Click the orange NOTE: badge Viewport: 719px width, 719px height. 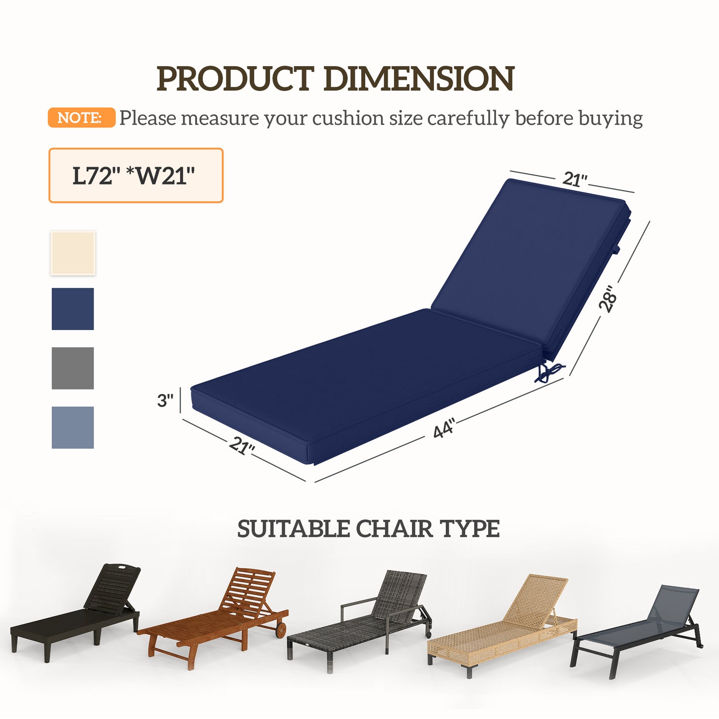tap(81, 118)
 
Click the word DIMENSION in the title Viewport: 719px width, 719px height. tap(419, 79)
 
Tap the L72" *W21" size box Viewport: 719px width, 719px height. tap(135, 175)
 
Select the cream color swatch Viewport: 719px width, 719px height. tap(73, 253)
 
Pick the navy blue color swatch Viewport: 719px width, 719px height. tap(73, 309)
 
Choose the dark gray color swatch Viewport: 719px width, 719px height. tap(73, 368)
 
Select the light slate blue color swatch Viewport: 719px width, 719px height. tap(73, 427)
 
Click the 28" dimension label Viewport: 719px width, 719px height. tap(608, 298)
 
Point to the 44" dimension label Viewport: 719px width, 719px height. tap(444, 429)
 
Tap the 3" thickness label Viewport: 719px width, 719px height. tap(165, 401)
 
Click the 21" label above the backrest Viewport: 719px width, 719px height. tap(575, 179)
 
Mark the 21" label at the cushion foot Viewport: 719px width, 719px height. tap(242, 445)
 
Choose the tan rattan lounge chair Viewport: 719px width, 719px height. tap(503, 627)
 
